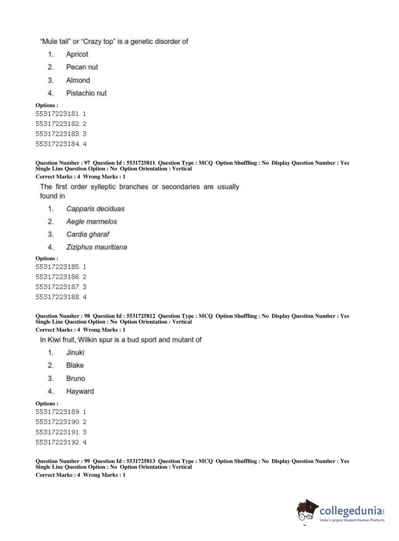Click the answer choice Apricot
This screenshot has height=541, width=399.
[77, 54]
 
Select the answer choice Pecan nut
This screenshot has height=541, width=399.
[82, 67]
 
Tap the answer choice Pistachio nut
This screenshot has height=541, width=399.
[86, 93]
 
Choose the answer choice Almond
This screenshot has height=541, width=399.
[78, 80]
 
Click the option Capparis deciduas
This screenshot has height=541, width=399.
[95, 209]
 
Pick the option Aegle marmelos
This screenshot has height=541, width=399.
[91, 221]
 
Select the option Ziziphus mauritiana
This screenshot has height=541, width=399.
[96, 247]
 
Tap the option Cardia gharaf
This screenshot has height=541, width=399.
[88, 234]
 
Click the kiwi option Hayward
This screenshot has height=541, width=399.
[80, 391]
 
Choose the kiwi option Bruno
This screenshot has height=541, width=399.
[75, 378]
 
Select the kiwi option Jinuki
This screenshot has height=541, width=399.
[75, 352]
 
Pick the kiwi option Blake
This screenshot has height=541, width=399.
[75, 365]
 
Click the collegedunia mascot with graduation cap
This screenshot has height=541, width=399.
[307, 511]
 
